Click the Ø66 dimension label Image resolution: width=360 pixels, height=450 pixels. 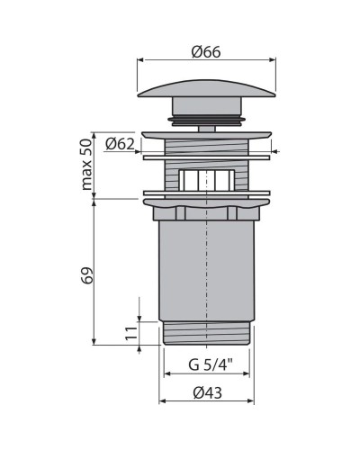coord(207,51)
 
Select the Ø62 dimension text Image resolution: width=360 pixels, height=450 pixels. coord(120,142)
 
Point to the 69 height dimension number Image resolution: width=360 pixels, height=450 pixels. coord(88,274)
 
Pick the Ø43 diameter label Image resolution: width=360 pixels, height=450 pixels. coord(207,391)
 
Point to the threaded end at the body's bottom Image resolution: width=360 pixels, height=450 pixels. coord(207,335)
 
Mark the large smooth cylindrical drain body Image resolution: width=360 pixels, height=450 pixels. coord(207,270)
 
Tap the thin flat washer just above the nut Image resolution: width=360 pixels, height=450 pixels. coord(207,193)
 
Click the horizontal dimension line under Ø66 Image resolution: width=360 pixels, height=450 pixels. coord(207,61)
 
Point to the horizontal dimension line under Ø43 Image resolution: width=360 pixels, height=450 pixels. coord(207,401)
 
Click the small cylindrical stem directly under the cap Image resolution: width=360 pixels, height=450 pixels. coord(207,126)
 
